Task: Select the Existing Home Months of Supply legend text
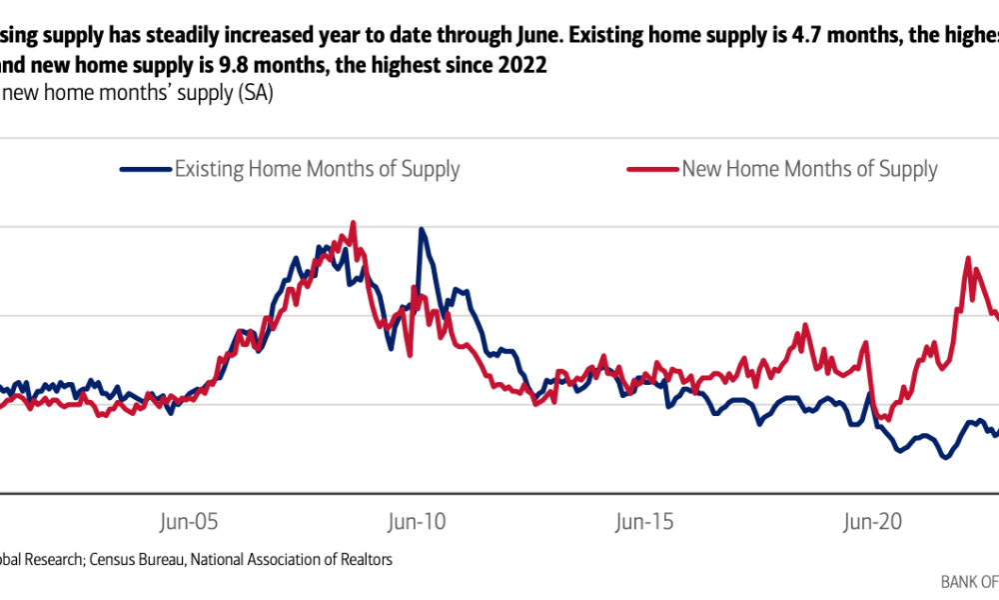(317, 169)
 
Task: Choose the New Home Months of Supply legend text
(809, 169)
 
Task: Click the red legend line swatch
(652, 170)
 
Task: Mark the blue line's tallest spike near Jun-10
(422, 229)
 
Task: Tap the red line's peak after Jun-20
(968, 259)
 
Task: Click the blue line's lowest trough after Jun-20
(944, 458)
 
